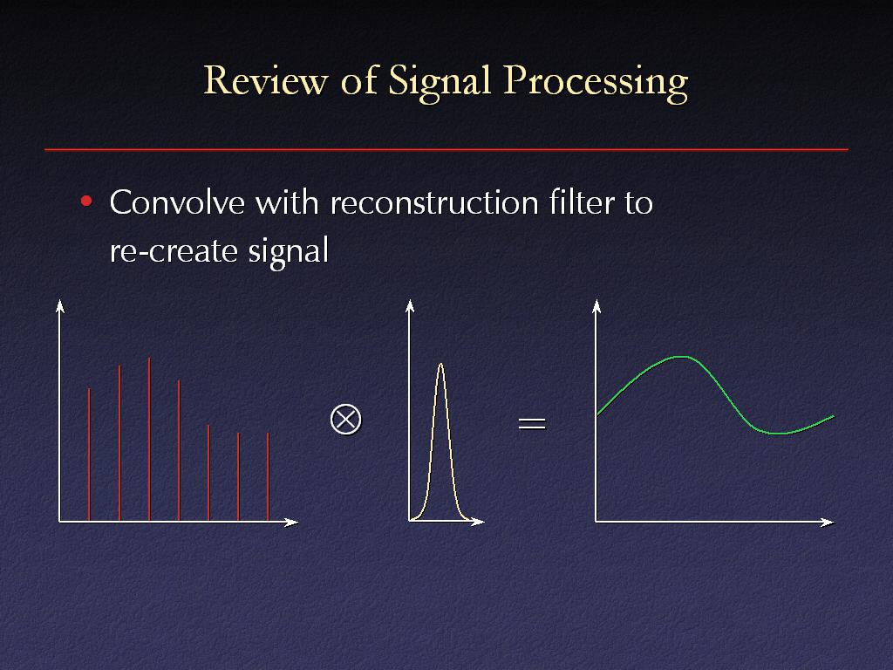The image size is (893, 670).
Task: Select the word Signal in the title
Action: click(x=440, y=82)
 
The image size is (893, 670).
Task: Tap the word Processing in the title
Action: click(x=596, y=82)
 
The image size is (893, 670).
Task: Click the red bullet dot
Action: click(x=86, y=202)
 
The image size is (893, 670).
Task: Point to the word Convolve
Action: click(x=177, y=202)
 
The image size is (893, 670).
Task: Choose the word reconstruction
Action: click(x=434, y=202)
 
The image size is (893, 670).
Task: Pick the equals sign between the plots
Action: click(x=532, y=423)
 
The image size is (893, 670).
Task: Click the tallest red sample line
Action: click(x=149, y=439)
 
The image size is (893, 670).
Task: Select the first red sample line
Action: click(x=90, y=454)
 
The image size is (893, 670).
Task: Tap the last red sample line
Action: click(x=268, y=476)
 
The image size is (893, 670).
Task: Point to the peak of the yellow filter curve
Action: click(x=440, y=364)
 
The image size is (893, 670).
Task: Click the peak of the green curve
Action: click(x=682, y=357)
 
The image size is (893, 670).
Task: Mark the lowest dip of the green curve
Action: click(x=779, y=433)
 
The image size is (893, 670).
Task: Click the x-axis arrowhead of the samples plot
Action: click(x=291, y=522)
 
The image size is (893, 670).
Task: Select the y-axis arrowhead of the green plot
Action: click(x=596, y=306)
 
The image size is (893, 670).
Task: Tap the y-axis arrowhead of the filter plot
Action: click(x=410, y=306)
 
